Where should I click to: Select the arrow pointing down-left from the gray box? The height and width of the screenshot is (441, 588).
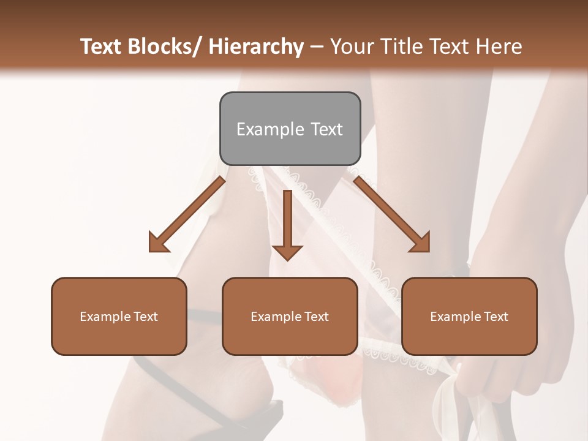(187, 214)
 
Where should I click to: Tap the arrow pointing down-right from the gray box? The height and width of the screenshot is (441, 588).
(392, 214)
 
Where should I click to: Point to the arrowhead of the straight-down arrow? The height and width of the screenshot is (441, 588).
(287, 251)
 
